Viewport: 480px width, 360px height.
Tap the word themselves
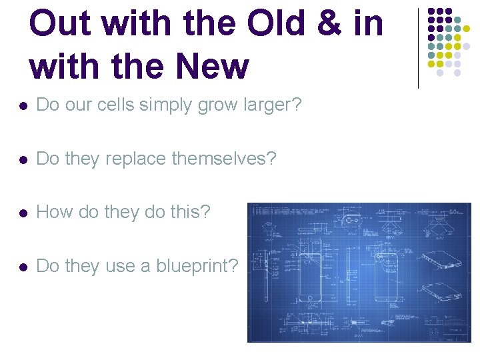point(223,159)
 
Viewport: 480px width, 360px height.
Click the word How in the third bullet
point(55,212)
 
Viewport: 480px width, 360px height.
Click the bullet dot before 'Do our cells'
point(23,106)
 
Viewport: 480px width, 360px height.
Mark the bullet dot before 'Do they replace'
point(23,159)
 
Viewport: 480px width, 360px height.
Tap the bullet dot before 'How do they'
point(23,213)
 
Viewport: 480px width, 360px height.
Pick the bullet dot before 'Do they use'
point(23,266)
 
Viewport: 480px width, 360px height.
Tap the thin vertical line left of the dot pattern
point(418,48)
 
